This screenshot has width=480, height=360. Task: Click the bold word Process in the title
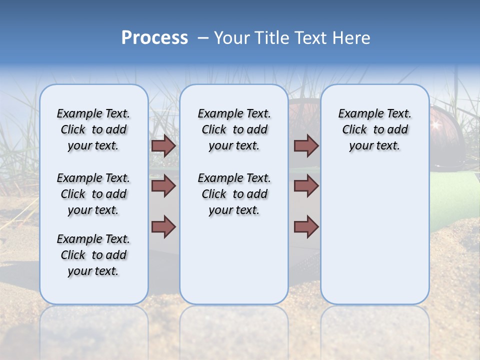click(154, 38)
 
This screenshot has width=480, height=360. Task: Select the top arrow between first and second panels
click(163, 146)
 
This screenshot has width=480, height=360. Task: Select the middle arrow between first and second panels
click(163, 186)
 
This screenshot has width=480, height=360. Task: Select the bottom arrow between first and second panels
click(163, 226)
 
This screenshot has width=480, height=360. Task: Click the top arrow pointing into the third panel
click(306, 146)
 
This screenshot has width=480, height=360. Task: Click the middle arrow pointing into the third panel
click(306, 186)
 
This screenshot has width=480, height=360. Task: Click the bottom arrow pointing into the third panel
click(306, 226)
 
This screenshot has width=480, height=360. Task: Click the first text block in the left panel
click(93, 129)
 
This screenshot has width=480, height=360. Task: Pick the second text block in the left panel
click(93, 194)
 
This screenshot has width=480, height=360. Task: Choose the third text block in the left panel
click(93, 255)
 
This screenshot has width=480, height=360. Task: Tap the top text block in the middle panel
click(234, 129)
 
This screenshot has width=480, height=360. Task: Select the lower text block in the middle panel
click(234, 194)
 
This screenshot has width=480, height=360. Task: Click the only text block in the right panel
click(374, 129)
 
